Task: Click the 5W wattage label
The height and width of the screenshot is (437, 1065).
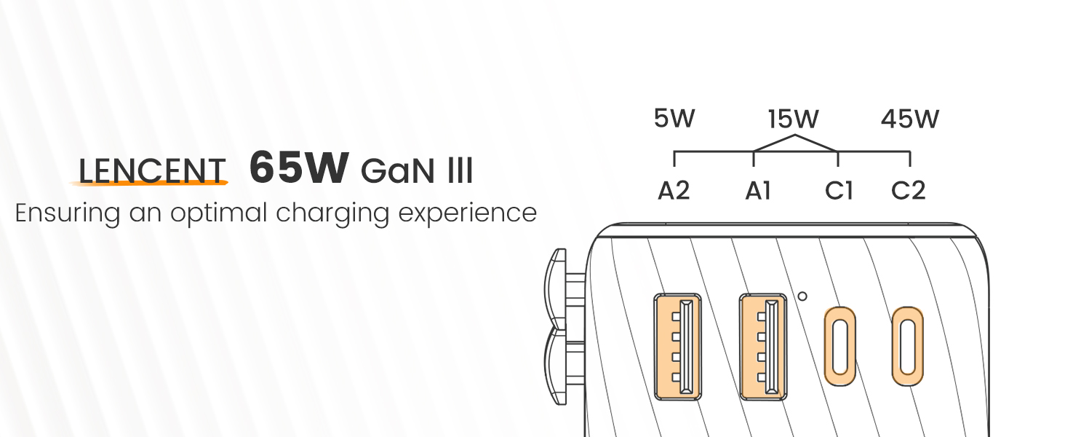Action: point(674,118)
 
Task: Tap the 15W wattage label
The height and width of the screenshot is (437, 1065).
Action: point(794,119)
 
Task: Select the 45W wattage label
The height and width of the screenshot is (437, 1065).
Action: point(910,119)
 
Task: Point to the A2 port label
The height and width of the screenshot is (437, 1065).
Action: point(674,190)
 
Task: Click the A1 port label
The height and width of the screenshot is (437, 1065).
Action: point(758,190)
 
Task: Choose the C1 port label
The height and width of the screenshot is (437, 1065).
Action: point(839,190)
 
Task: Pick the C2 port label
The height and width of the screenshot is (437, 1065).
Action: point(908,190)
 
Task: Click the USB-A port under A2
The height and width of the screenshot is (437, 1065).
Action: point(677,347)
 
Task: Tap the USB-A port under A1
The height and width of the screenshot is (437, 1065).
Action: point(763,347)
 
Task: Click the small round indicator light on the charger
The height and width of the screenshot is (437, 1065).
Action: point(802,296)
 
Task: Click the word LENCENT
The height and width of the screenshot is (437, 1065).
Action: point(151,171)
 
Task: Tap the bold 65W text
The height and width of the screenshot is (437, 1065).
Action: point(300,168)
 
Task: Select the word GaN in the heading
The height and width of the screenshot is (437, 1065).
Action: point(397,171)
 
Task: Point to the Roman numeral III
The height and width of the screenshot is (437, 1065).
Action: point(460,171)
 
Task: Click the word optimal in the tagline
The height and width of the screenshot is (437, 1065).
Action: point(219,213)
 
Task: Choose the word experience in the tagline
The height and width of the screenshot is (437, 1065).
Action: point(467,213)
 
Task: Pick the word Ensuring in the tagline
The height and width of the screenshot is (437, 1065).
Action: point(68,213)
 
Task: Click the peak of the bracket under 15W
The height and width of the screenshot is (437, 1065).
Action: point(795,135)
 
